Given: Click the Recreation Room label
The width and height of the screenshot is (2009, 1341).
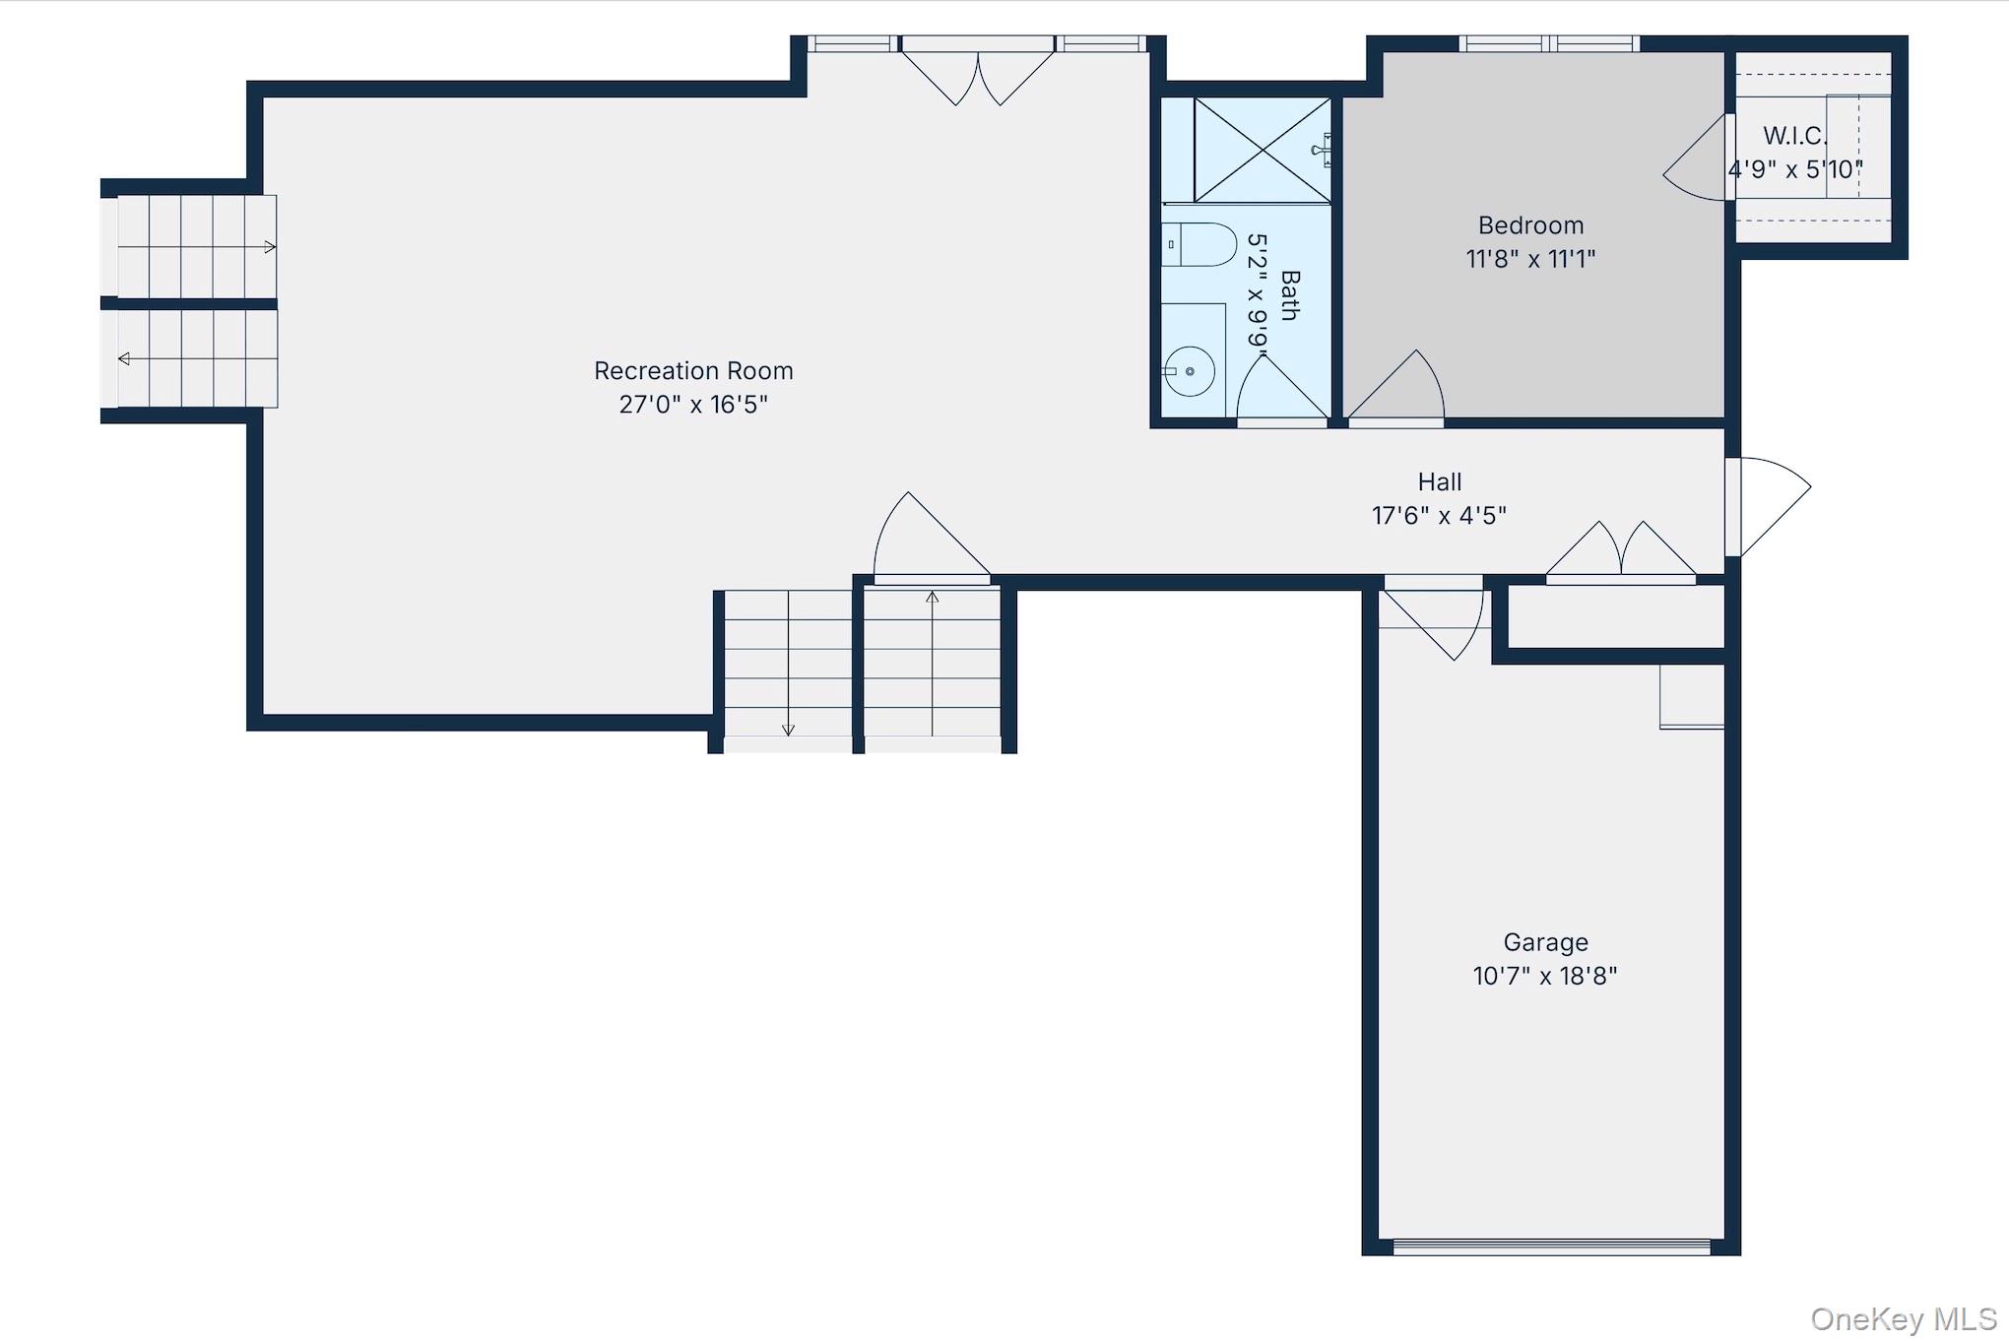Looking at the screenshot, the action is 693,371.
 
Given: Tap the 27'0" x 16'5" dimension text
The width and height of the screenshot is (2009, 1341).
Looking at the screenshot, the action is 693,405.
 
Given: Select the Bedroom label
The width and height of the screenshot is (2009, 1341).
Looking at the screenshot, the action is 1531,225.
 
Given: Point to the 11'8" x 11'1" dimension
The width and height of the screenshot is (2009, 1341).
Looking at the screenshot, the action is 1530,259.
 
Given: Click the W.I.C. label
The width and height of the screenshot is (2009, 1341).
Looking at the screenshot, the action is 1794,136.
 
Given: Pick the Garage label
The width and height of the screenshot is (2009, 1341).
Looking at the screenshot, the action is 1545,943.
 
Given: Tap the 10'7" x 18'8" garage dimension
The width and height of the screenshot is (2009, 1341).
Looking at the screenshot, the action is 1545,976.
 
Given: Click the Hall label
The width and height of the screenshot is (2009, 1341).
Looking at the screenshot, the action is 1440,482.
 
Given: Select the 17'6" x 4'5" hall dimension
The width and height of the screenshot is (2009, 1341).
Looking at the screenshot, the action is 1440,516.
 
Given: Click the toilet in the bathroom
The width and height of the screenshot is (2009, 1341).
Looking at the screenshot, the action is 1199,245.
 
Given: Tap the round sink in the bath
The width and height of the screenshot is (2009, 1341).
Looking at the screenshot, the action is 1190,371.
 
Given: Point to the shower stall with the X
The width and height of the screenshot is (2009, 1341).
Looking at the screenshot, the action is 1263,150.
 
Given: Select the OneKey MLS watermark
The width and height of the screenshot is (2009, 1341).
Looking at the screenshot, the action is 1904,1318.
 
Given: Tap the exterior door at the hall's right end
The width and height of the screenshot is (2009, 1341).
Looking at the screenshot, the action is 1768,507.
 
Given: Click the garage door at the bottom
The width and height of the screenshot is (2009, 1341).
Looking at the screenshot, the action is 1552,1246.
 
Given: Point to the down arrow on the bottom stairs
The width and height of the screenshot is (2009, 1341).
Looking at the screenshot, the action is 788,663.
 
